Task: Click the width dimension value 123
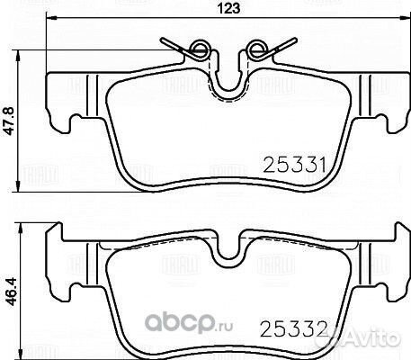(207, 11)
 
